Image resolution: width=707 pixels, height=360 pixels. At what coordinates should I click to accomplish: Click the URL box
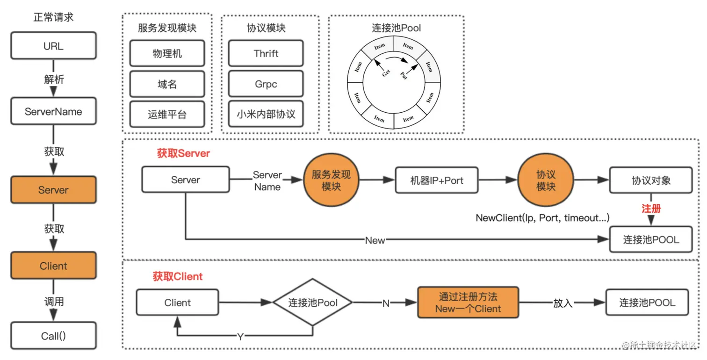(53, 46)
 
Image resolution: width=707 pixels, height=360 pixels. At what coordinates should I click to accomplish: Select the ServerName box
(53, 111)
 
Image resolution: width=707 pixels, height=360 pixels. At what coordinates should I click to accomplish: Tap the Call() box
(53, 336)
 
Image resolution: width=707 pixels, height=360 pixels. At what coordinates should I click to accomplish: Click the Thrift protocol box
(266, 53)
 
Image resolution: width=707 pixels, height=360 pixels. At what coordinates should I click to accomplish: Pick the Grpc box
(266, 84)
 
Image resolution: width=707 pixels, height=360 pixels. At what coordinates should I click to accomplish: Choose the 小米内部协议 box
(266, 114)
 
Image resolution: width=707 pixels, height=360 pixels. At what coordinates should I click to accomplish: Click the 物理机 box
(167, 53)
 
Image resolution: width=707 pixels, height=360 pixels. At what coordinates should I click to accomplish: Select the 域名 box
(167, 84)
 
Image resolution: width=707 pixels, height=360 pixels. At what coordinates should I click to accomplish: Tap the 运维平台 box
(167, 114)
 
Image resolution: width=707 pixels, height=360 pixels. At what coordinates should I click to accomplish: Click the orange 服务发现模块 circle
(331, 180)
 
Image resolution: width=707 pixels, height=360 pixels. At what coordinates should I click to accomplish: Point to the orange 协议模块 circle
(546, 180)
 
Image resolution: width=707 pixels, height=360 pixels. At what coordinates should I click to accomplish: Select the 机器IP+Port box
(437, 180)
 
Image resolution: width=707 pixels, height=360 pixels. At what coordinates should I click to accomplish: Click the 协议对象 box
(651, 180)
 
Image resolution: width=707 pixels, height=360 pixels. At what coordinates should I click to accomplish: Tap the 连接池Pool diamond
(312, 302)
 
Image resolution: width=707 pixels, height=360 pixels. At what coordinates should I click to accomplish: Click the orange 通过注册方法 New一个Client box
(468, 302)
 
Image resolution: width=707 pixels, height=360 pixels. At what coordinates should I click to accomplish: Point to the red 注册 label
(651, 209)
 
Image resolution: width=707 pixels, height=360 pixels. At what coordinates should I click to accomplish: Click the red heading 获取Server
(183, 153)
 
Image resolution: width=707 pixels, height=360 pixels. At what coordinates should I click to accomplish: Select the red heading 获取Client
(178, 276)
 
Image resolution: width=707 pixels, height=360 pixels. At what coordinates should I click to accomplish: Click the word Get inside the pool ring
(386, 73)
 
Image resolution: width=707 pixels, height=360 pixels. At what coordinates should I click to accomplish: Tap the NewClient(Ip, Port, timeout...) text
(542, 218)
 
